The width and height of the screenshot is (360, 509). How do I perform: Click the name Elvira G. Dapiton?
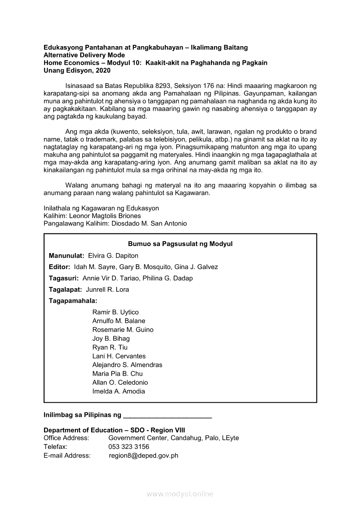click(113, 256)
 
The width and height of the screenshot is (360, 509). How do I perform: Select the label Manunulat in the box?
click(67, 256)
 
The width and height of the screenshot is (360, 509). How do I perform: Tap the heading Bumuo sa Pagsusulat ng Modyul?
click(180, 244)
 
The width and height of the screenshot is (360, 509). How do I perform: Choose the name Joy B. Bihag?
click(111, 338)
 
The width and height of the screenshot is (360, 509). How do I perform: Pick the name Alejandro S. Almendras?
click(127, 365)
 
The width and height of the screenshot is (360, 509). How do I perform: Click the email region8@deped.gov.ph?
click(144, 455)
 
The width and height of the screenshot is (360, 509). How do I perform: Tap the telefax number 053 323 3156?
click(129, 447)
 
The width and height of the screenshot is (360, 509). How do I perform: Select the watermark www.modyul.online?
click(180, 494)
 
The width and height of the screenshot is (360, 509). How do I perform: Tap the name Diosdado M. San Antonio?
click(149, 223)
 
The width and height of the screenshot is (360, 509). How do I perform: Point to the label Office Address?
click(66, 438)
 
